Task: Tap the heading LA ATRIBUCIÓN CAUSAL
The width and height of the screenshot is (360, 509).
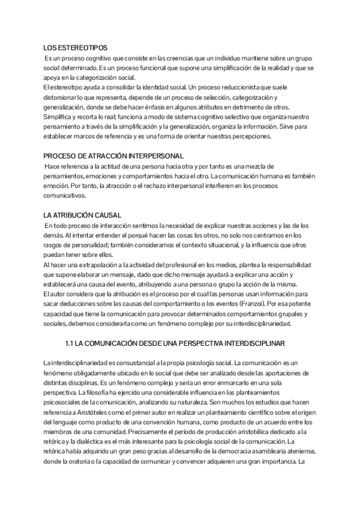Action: (83, 215)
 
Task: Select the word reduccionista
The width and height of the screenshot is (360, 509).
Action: (235, 88)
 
